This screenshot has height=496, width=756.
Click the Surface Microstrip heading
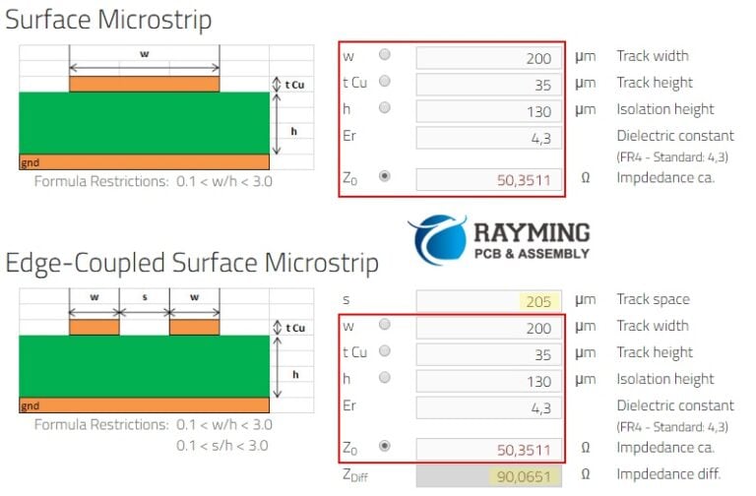(x=108, y=19)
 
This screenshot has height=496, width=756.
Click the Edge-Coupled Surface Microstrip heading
(x=192, y=263)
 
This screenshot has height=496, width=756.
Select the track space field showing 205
(x=489, y=300)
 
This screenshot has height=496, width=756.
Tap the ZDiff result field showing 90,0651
(x=489, y=476)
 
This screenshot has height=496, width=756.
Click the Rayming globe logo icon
(x=437, y=240)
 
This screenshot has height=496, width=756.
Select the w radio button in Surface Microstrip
(x=384, y=56)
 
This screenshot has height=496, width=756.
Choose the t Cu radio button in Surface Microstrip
(x=384, y=83)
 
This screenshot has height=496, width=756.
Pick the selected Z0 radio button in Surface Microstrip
(x=384, y=177)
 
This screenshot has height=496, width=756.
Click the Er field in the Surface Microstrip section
(x=489, y=138)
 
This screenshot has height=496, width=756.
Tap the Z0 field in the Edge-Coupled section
(x=489, y=449)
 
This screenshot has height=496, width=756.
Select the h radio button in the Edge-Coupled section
(x=384, y=379)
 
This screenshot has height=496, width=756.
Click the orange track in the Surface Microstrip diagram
(x=144, y=84)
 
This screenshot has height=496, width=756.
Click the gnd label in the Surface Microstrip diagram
(x=31, y=162)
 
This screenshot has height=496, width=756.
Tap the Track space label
(x=653, y=299)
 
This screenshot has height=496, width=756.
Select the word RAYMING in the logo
(x=532, y=233)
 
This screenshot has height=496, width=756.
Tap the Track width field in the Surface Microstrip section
(x=489, y=58)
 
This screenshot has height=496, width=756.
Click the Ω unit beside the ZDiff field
(x=586, y=475)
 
